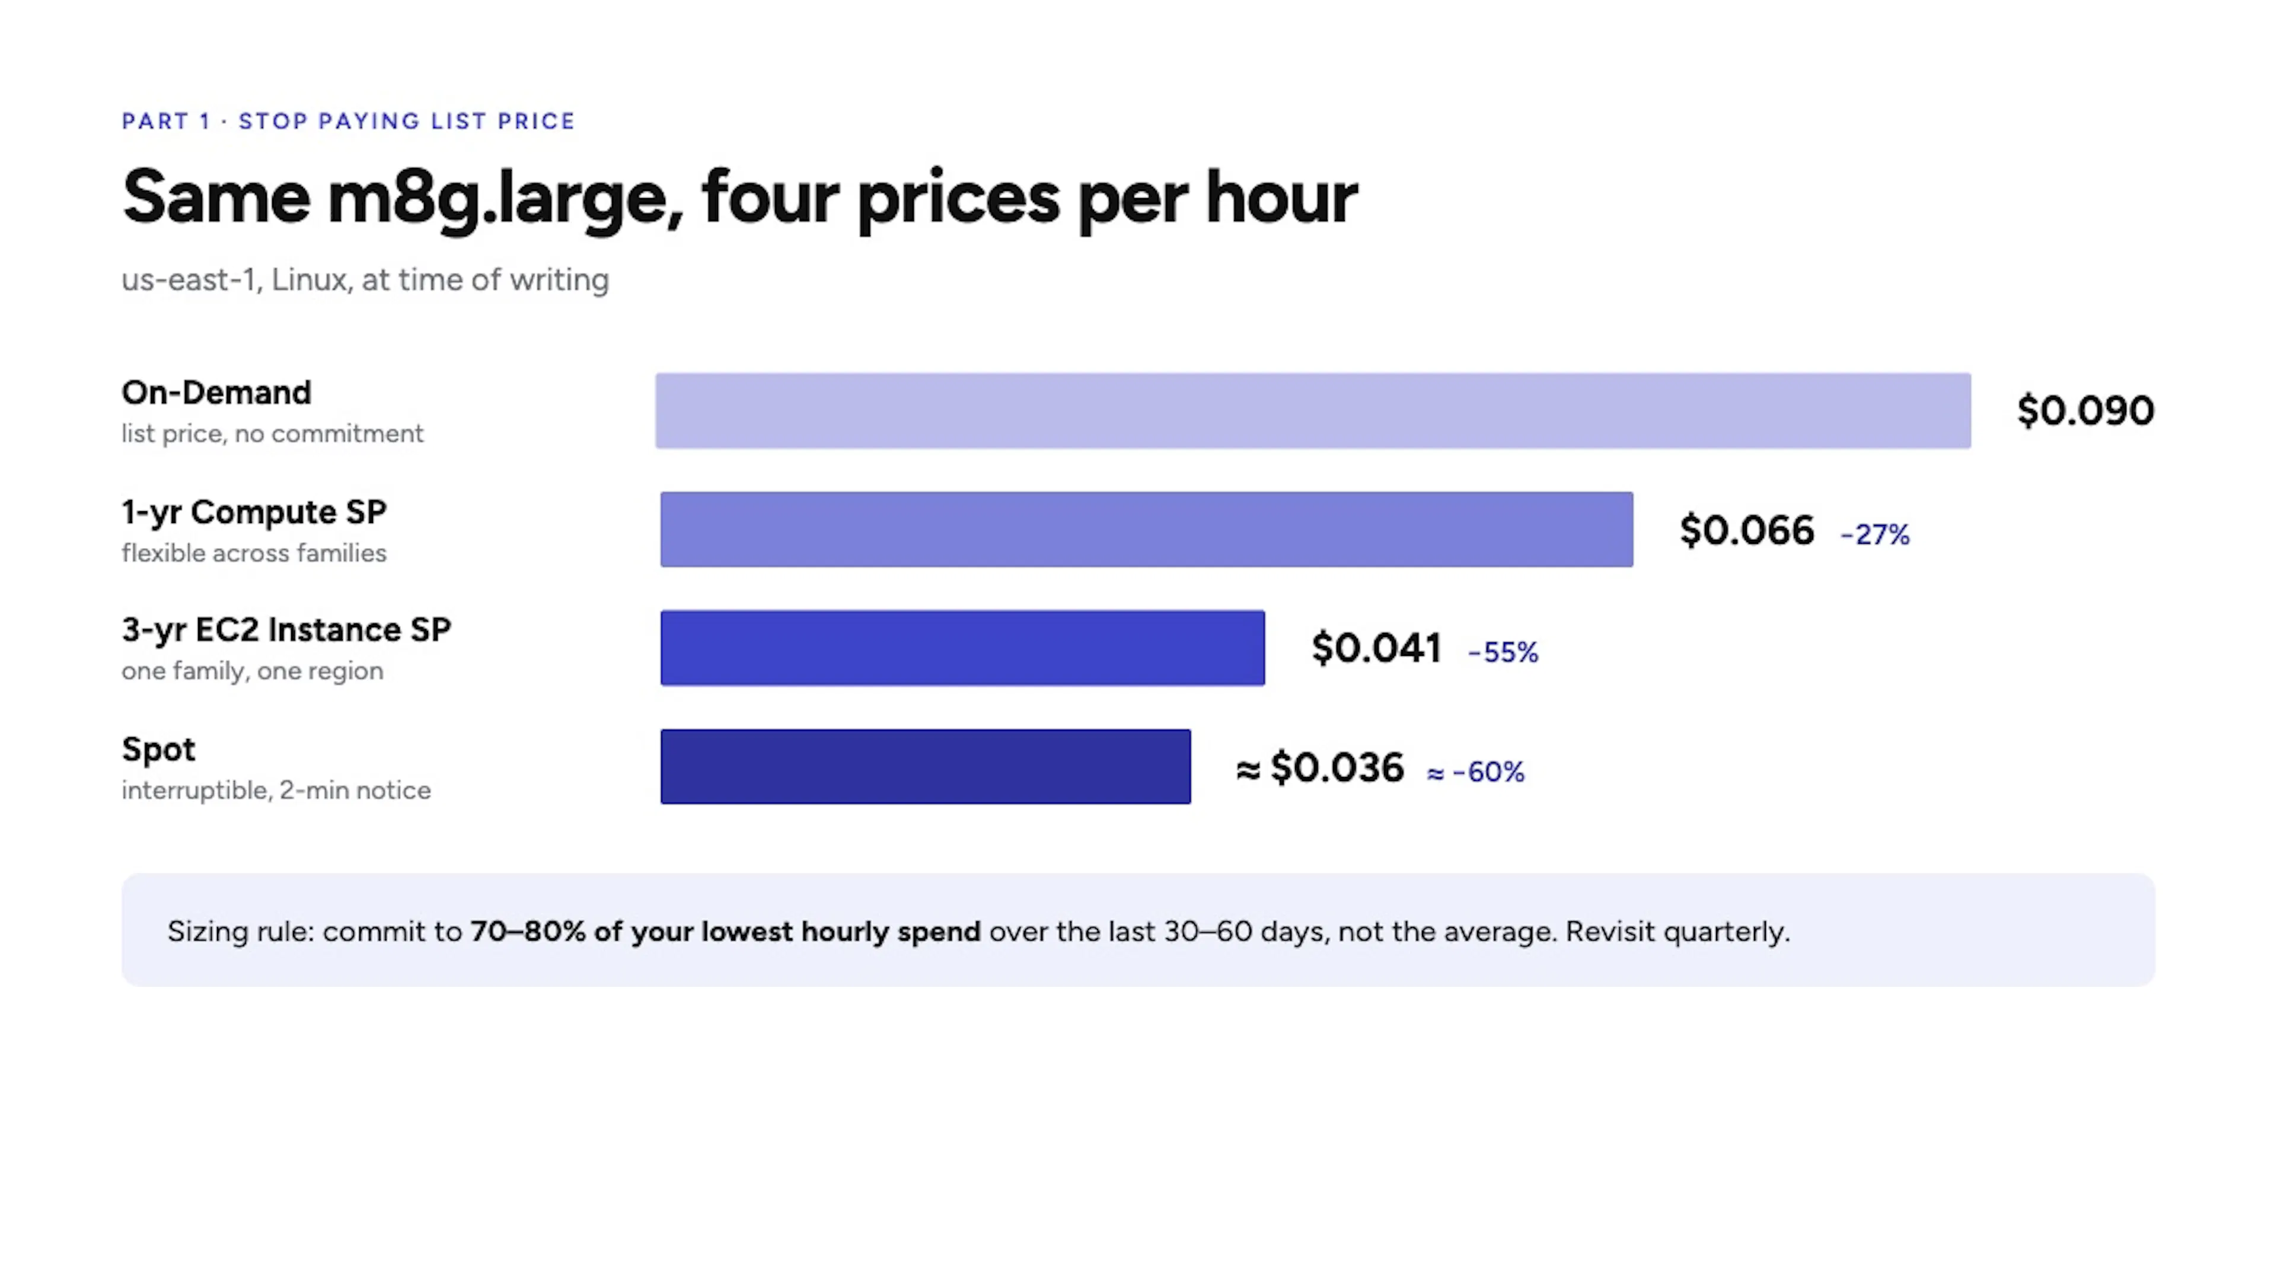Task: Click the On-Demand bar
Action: (x=1313, y=410)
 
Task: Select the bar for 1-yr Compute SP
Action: (x=1146, y=528)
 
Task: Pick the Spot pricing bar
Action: (x=926, y=766)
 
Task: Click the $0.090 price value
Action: (x=2085, y=411)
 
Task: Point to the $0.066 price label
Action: (x=1747, y=530)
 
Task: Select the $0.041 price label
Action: (x=1376, y=648)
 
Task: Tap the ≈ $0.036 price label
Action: (x=1320, y=767)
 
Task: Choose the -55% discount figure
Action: (x=1503, y=652)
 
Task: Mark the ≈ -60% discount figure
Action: (x=1475, y=772)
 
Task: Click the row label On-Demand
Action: (x=216, y=393)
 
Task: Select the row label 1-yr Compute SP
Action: (x=254, y=512)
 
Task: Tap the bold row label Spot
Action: (x=158, y=750)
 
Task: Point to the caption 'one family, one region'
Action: (x=253, y=671)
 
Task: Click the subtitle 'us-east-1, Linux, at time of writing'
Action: (x=365, y=281)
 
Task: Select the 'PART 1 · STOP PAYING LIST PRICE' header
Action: (x=348, y=121)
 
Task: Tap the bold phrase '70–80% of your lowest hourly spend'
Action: (x=725, y=931)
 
